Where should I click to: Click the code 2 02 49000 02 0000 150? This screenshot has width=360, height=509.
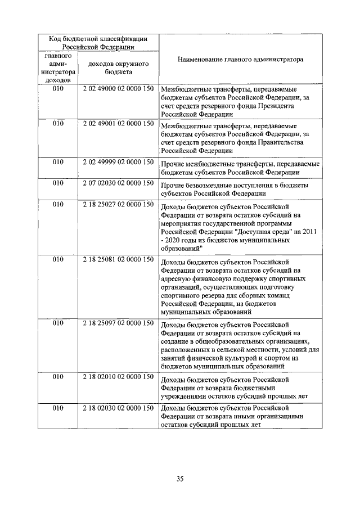click(x=118, y=89)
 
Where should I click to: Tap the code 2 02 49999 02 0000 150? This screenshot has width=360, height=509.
click(x=118, y=162)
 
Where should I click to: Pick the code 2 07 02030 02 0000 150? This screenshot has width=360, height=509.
click(x=118, y=183)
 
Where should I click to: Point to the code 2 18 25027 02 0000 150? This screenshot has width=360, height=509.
click(x=118, y=205)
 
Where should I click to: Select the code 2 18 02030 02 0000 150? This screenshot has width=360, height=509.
click(x=118, y=407)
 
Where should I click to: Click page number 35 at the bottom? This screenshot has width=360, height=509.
click(x=180, y=479)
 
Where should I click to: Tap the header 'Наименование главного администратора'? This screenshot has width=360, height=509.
click(x=240, y=59)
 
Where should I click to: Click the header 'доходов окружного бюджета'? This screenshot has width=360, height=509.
click(x=118, y=68)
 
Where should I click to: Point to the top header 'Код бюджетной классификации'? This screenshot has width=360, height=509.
click(x=98, y=39)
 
